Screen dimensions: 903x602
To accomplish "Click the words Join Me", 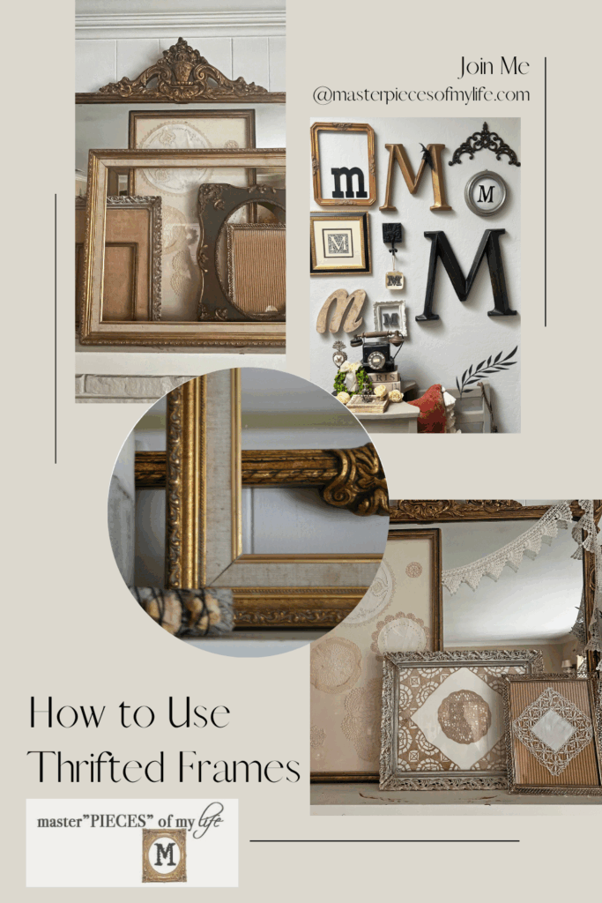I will pos(493,67).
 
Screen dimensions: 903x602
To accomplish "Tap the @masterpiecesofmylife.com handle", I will pos(420,93).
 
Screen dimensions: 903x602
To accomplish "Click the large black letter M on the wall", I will pos(467,273).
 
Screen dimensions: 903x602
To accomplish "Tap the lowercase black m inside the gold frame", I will pos(348,181).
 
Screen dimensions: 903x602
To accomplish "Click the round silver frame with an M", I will pos(485,192).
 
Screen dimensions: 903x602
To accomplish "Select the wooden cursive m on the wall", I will pos(342,310).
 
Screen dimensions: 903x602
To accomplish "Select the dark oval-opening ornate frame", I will pos(239,251).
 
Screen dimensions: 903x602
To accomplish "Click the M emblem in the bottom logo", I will pos(164,854).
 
